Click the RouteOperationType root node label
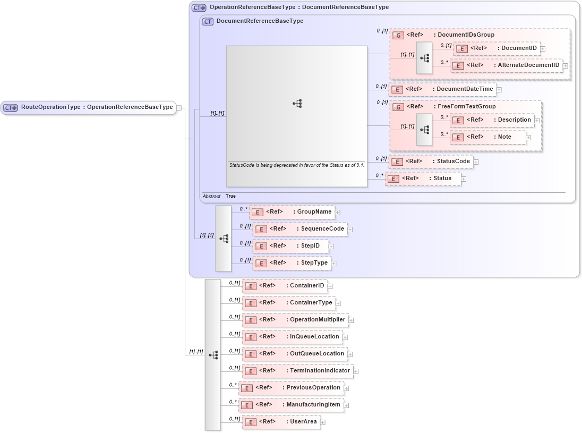pyautogui.click(x=97, y=107)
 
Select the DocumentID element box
pyautogui.click(x=497, y=48)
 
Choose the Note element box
pyautogui.click(x=488, y=137)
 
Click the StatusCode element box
pyautogui.click(x=431, y=162)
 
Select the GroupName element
pyautogui.click(x=292, y=212)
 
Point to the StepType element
pyautogui.click(x=292, y=263)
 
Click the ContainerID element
pyautogui.click(x=284, y=286)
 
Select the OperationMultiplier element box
pyautogui.click(x=295, y=320)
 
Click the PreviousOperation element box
pyautogui.click(x=290, y=388)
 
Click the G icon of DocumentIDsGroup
pyautogui.click(x=398, y=35)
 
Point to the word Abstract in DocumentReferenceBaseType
pyautogui.click(x=211, y=197)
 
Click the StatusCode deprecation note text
pyautogui.click(x=296, y=165)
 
